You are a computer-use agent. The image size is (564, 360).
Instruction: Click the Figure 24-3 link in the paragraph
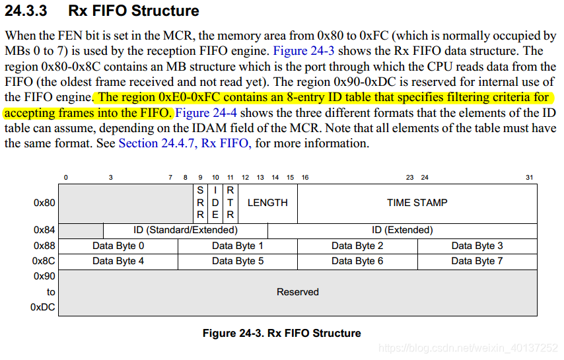click(x=308, y=51)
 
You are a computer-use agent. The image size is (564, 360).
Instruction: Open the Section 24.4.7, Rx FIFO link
click(x=184, y=143)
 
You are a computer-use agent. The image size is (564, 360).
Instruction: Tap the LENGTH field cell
click(x=267, y=203)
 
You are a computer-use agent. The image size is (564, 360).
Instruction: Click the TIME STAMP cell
click(x=417, y=203)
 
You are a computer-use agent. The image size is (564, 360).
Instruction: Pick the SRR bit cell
click(x=200, y=203)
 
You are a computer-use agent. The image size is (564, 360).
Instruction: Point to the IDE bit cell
click(x=215, y=203)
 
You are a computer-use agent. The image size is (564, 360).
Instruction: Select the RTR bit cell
click(x=230, y=203)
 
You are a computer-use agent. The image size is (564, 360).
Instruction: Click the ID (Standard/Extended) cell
click(x=185, y=231)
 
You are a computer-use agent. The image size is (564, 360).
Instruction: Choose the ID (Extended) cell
click(x=402, y=231)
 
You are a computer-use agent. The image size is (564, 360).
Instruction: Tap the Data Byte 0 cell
click(x=118, y=246)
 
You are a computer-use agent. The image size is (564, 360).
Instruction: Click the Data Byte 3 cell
click(x=477, y=246)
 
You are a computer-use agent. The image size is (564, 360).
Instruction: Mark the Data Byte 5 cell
click(x=238, y=261)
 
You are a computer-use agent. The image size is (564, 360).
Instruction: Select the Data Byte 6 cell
click(x=357, y=261)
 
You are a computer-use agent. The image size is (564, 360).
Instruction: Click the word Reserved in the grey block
click(x=298, y=292)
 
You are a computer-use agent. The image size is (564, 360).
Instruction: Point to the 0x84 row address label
click(x=44, y=231)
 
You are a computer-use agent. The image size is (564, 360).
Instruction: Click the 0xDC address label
click(x=43, y=307)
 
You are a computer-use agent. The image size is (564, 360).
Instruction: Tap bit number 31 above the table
click(x=529, y=178)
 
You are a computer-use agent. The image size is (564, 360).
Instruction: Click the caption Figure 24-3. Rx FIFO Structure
click(x=281, y=333)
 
